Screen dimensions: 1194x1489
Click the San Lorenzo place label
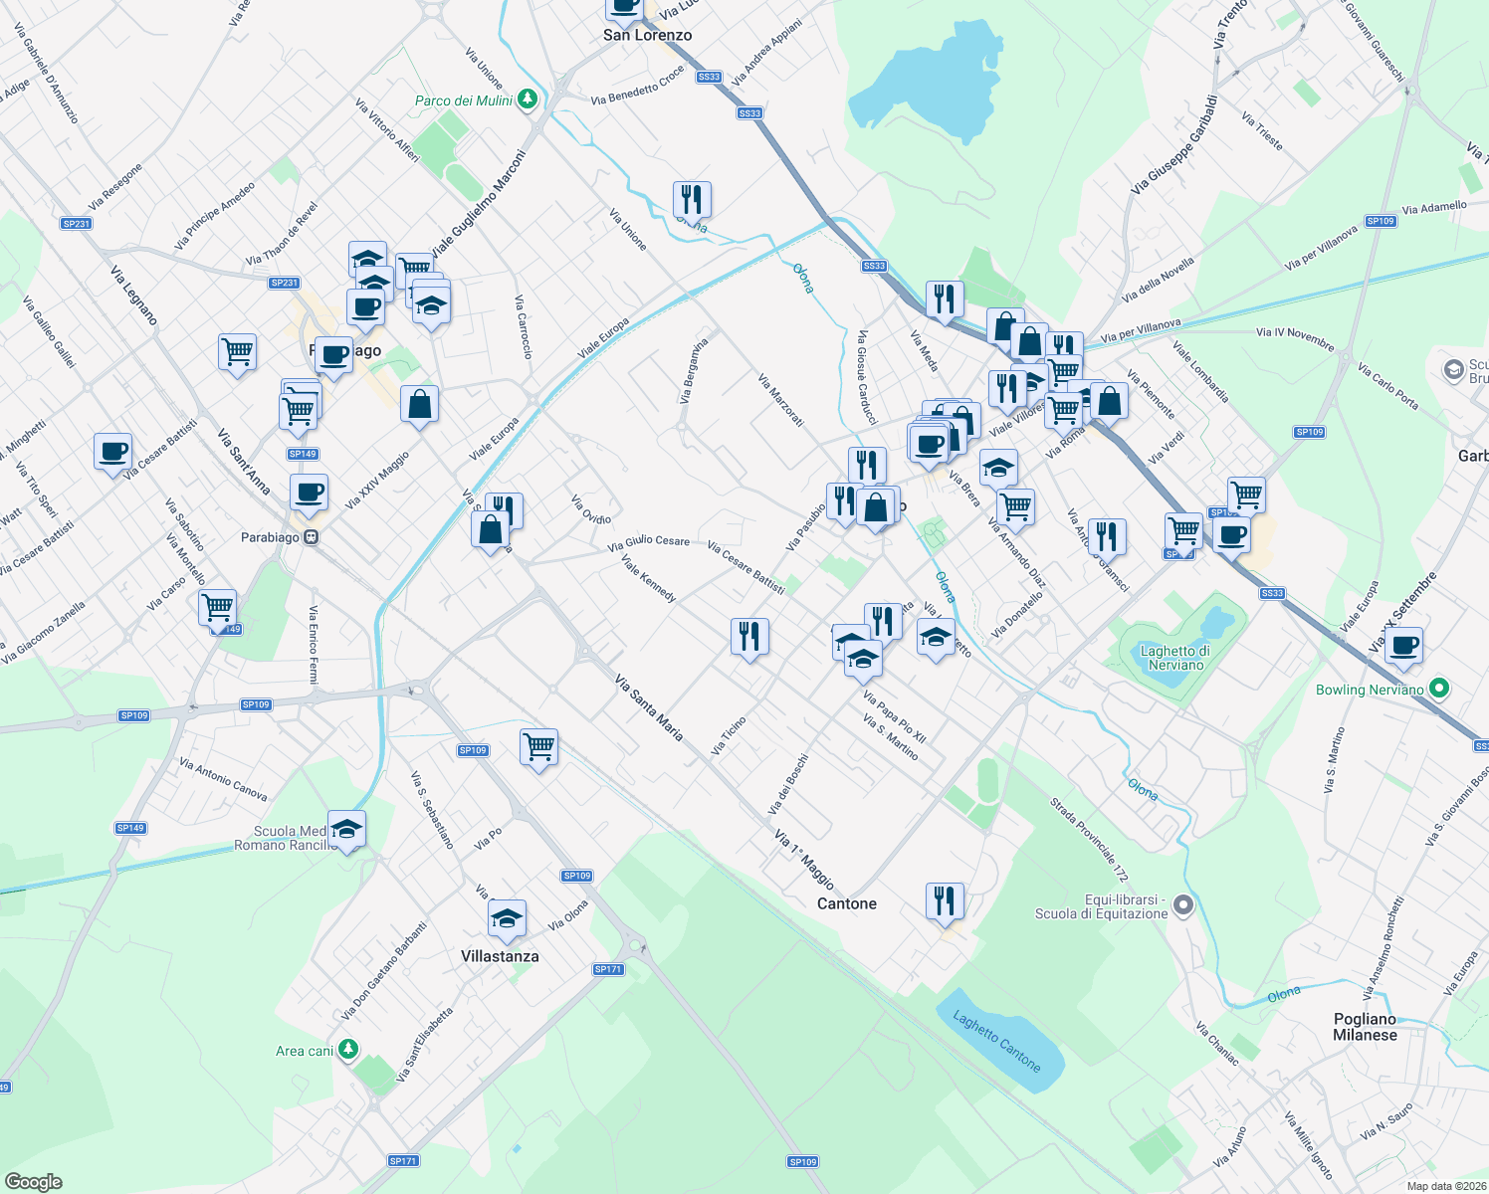click(x=647, y=35)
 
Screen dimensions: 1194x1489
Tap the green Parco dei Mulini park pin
click(x=528, y=99)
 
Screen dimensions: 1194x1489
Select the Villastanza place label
click(x=500, y=956)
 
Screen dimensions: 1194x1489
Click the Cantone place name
click(x=847, y=903)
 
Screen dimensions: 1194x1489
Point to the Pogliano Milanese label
click(x=1365, y=1027)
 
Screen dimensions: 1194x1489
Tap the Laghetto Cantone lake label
click(x=996, y=1042)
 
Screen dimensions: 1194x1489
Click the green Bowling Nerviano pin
click(x=1437, y=689)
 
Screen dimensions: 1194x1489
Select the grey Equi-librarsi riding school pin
click(x=1183, y=905)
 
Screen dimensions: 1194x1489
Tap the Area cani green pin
click(x=347, y=1049)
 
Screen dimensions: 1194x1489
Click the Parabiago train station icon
click(x=312, y=537)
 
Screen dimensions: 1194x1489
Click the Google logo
click(x=33, y=1182)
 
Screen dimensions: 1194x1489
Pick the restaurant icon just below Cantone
click(x=944, y=900)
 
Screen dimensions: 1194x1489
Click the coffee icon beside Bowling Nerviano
click(x=1403, y=646)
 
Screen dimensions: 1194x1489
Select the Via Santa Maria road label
click(x=649, y=708)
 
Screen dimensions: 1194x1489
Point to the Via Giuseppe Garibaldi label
click(x=1174, y=144)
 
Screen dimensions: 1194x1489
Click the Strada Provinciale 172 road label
click(x=1089, y=840)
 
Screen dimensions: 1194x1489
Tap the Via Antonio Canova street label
click(x=224, y=779)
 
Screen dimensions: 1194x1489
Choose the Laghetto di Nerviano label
click(x=1175, y=658)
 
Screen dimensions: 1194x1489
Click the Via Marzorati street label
click(x=780, y=400)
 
